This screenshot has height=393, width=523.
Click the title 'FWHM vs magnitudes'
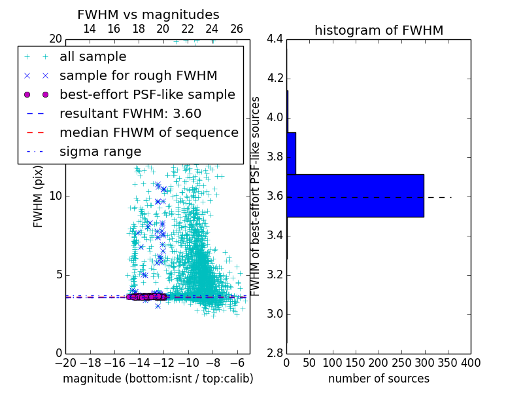pyautogui.click(x=148, y=14)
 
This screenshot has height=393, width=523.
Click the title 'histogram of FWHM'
pyautogui.click(x=379, y=30)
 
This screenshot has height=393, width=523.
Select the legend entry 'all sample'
pyautogui.click(x=93, y=57)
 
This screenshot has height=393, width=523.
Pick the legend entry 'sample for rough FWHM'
pyautogui.click(x=138, y=76)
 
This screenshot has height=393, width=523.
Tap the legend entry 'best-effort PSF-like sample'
pyautogui.click(x=147, y=95)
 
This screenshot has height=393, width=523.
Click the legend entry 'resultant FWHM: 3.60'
pyautogui.click(x=130, y=114)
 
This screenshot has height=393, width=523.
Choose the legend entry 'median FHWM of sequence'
pyautogui.click(x=148, y=133)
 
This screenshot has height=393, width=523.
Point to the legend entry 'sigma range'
pyautogui.click(x=100, y=152)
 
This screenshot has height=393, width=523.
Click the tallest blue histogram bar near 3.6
pyautogui.click(x=355, y=195)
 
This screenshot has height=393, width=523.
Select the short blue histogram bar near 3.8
pyautogui.click(x=292, y=153)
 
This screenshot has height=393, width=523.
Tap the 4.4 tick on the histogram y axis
pyautogui.click(x=275, y=39)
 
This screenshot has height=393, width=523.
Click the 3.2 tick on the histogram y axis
pyautogui.click(x=275, y=274)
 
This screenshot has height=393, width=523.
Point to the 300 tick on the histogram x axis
pyautogui.click(x=424, y=362)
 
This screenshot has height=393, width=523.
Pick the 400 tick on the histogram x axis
pyautogui.click(x=471, y=362)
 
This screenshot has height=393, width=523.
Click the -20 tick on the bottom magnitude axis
pyautogui.click(x=65, y=362)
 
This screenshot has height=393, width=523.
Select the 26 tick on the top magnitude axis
pyautogui.click(x=237, y=29)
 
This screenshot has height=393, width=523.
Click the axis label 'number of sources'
pyautogui.click(x=379, y=379)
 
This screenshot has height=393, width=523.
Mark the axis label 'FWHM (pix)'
pyautogui.click(x=39, y=196)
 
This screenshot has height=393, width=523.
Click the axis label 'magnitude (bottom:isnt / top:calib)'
pyautogui.click(x=158, y=379)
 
